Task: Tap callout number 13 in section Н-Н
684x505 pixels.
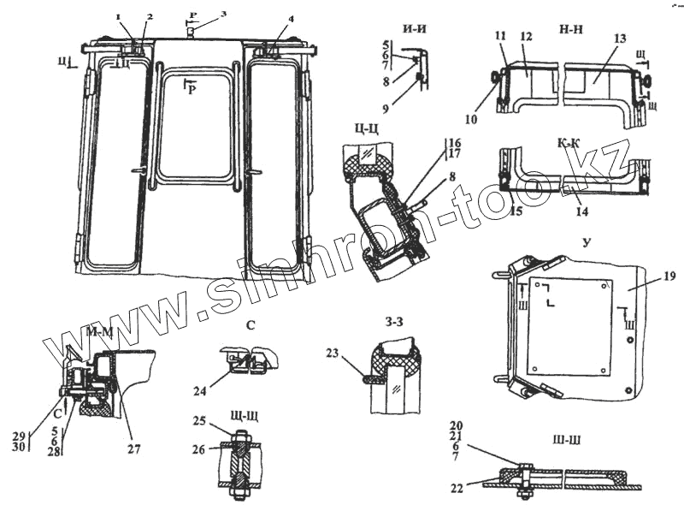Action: pyautogui.click(x=620, y=39)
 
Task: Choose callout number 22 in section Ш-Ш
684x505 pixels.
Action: pyautogui.click(x=458, y=489)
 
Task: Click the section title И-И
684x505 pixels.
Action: pyautogui.click(x=416, y=28)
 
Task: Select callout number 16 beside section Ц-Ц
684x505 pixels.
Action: pyautogui.click(x=454, y=142)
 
